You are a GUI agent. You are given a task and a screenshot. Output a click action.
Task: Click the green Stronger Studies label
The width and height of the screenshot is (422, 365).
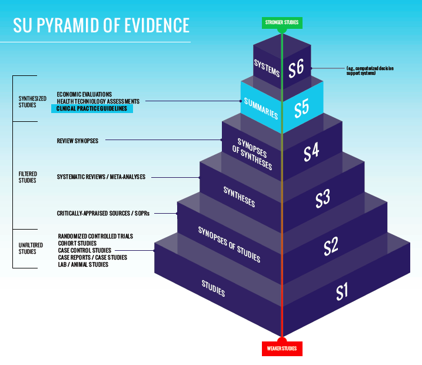click(x=282, y=23)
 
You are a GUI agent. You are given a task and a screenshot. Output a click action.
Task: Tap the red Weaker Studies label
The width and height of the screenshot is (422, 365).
click(x=282, y=349)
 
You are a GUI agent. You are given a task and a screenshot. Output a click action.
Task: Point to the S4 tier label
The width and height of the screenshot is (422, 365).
click(x=311, y=152)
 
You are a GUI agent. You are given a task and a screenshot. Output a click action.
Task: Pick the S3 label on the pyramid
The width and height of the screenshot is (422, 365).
click(x=322, y=199)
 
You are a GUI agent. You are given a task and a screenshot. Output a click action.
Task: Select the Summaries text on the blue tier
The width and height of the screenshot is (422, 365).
click(x=261, y=108)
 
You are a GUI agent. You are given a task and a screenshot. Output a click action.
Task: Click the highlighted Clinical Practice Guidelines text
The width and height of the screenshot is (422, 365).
click(x=92, y=109)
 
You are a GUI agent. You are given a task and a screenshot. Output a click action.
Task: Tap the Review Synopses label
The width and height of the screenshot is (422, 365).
click(x=77, y=141)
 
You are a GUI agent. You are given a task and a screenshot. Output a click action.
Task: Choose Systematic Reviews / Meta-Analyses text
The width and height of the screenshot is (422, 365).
click(x=101, y=177)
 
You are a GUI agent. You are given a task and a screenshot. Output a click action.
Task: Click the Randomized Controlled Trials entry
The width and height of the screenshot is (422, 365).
click(x=95, y=236)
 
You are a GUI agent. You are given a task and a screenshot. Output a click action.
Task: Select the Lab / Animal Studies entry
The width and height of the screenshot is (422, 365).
click(x=83, y=265)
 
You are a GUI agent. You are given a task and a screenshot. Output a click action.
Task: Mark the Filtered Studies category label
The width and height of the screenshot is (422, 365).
click(x=27, y=177)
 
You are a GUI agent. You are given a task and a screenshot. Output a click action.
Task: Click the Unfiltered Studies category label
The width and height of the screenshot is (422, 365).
click(x=27, y=248)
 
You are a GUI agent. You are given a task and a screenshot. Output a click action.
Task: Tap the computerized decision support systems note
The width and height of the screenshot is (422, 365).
click(x=370, y=71)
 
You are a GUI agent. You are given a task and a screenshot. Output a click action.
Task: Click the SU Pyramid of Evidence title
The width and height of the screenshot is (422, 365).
click(x=101, y=25)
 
